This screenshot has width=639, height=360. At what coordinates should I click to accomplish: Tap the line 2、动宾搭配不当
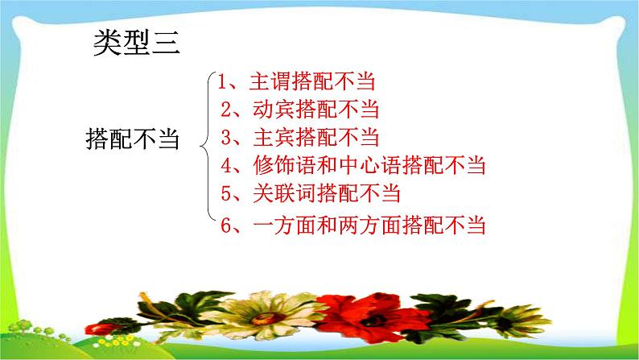299,110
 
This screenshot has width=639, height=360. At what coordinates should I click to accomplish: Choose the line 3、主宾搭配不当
299,137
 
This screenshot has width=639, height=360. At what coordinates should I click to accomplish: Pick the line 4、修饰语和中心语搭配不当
354,166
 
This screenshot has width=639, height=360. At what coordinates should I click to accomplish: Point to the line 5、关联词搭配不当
310,194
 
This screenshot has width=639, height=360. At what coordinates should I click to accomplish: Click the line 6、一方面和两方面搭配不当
354,225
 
